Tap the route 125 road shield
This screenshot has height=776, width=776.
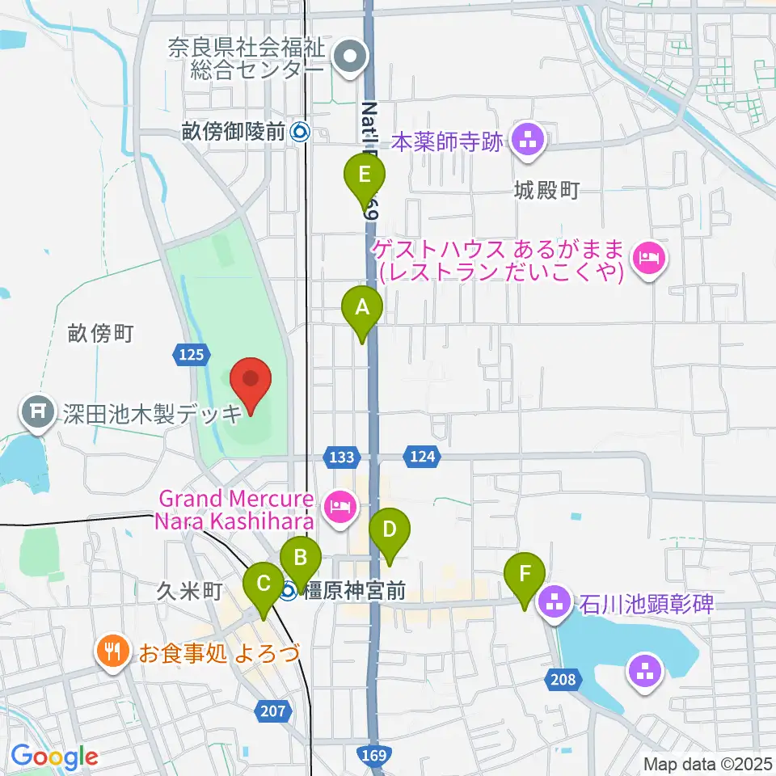pos(192,353)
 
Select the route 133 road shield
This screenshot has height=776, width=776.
pos(342,458)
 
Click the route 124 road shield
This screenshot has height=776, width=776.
pos(424,458)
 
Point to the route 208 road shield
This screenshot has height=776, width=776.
pos(563,680)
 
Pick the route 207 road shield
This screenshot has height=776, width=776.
pos(273,711)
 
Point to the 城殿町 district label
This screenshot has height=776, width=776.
pos(547,191)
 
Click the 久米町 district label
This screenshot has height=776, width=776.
pos(190,592)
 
